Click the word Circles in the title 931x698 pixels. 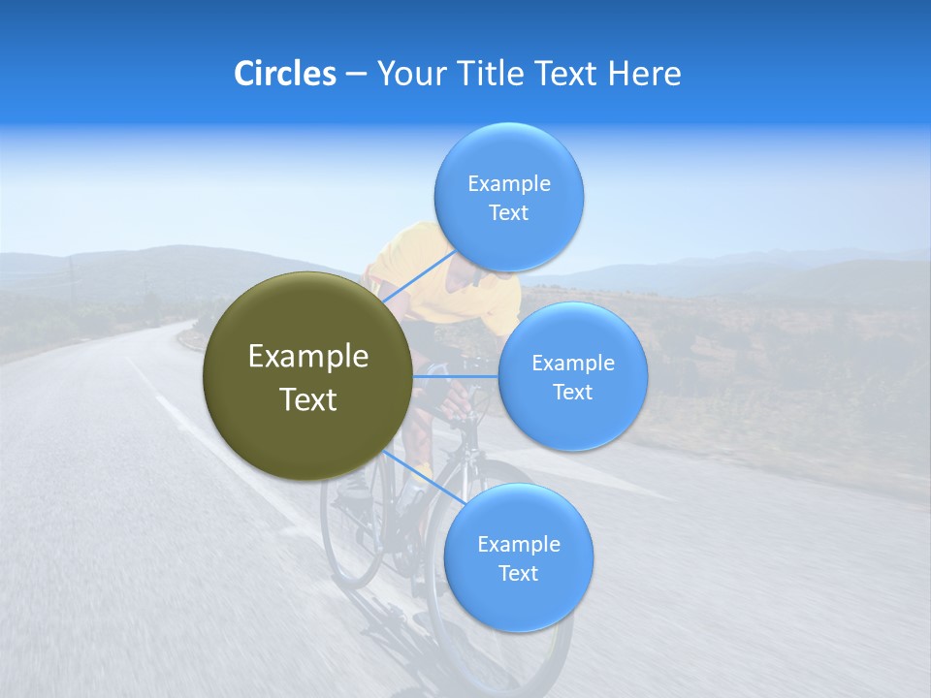(285, 74)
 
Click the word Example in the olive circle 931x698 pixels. (308, 357)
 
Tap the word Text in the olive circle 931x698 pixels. (308, 399)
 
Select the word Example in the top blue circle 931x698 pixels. (509, 183)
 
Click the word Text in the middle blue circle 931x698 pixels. (572, 392)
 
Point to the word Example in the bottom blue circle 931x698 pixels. (519, 544)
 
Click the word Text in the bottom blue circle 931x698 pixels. (518, 573)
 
